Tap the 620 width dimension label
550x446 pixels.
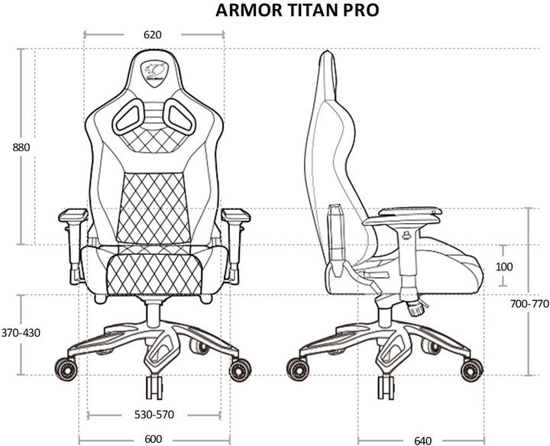point(152,34)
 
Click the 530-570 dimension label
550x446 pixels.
point(154,415)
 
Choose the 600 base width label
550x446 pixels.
point(153,439)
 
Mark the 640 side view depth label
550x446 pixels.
point(422,440)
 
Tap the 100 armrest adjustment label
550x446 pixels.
point(503,267)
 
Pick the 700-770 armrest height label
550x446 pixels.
point(529,303)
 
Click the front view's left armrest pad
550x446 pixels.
point(71,215)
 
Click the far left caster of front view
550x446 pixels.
point(66,373)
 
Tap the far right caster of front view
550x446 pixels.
point(242,373)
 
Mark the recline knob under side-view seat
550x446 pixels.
point(416,309)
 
